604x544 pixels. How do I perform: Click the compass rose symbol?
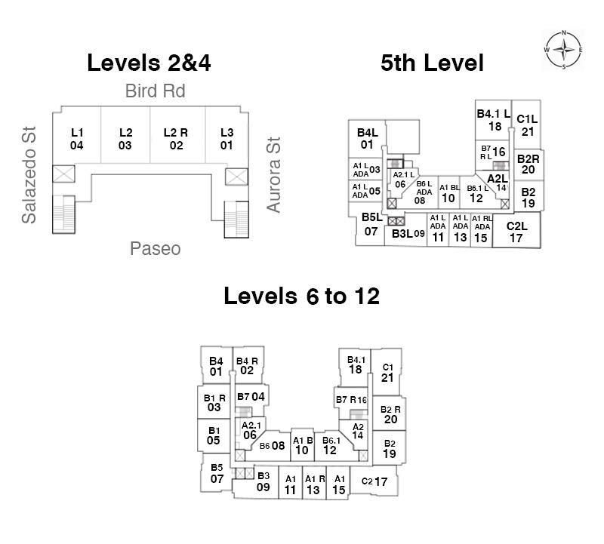(564, 51)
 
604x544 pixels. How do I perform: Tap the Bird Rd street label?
(155, 92)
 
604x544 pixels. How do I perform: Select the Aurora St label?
(273, 174)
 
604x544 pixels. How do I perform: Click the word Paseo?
(155, 248)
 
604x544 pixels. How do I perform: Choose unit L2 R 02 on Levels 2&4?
(176, 139)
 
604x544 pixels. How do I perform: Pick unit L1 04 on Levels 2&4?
(76, 139)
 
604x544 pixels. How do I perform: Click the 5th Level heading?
(432, 63)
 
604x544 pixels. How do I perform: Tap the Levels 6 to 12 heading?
(301, 296)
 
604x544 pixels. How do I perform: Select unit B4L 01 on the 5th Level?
(368, 139)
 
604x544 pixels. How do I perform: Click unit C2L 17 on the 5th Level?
(516, 232)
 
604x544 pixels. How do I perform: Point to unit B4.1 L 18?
(495, 120)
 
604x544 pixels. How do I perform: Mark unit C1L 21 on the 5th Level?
(527, 124)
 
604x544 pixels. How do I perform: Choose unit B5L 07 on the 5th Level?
(371, 225)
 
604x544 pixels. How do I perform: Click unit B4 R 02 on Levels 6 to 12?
(247, 365)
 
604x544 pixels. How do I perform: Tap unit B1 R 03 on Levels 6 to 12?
(214, 402)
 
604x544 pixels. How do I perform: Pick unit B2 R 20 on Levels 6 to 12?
(390, 414)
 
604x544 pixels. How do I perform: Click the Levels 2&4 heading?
(149, 63)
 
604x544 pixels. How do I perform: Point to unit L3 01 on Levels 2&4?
(226, 139)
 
